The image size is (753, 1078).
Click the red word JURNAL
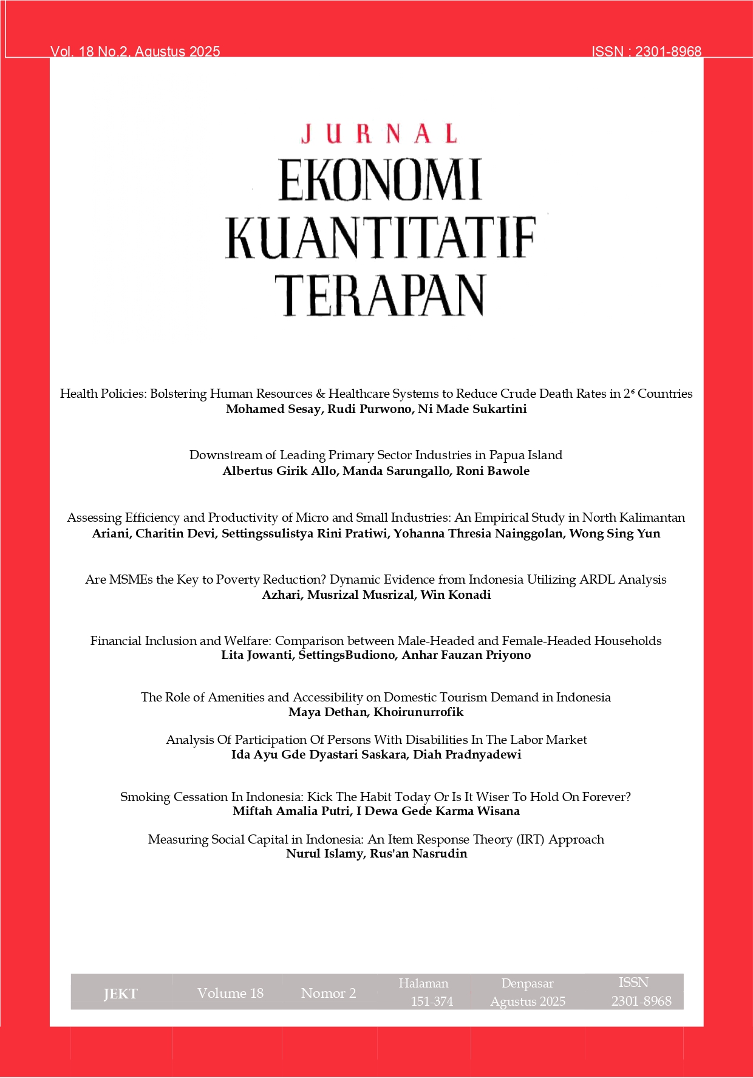tap(379, 134)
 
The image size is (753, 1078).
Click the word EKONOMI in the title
tap(380, 180)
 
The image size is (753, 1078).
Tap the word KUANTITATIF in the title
tap(381, 237)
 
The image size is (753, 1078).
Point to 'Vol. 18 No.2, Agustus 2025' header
tap(135, 52)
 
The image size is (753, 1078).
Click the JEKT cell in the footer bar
tap(120, 994)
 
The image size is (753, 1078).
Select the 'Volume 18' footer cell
tap(230, 993)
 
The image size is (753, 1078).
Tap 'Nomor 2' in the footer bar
tap(329, 993)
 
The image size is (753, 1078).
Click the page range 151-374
tap(432, 1001)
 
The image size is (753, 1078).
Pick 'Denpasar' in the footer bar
tap(527, 983)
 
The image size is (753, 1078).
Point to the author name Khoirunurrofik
tap(418, 712)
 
